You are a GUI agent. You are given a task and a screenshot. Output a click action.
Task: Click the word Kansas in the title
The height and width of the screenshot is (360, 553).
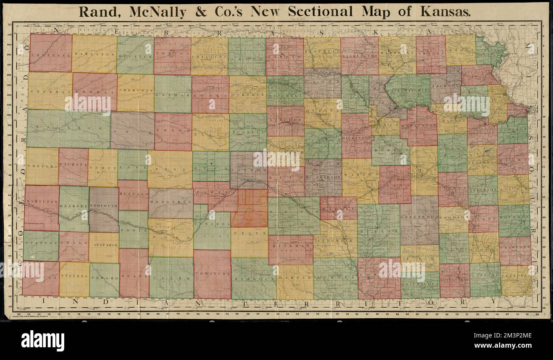pos(445,11)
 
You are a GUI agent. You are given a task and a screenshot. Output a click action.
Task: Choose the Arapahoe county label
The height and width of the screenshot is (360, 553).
pos(104,245)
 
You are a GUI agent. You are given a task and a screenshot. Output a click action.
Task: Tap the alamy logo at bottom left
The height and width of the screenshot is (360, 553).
pos(43,340)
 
